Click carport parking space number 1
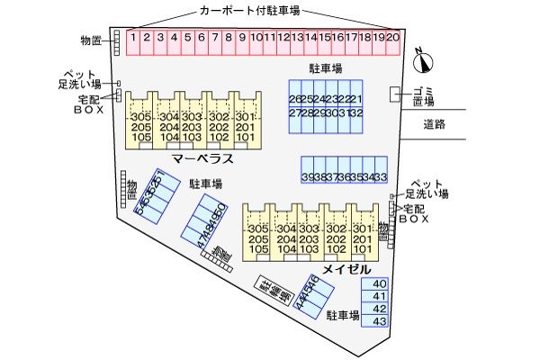click(x=132, y=38)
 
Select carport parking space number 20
click(x=393, y=38)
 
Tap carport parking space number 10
click(x=256, y=38)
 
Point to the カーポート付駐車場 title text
click(x=249, y=12)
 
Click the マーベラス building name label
click(x=203, y=159)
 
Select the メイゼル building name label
click(x=346, y=269)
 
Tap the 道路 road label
click(x=435, y=124)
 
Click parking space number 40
click(x=379, y=283)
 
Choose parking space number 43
click(x=379, y=320)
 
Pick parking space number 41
click(x=379, y=296)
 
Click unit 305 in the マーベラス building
click(x=140, y=118)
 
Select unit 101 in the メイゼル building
click(x=362, y=250)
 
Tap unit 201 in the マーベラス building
click(x=245, y=128)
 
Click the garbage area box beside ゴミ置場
click(x=395, y=94)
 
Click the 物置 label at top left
click(x=90, y=40)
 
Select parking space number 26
click(x=295, y=99)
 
